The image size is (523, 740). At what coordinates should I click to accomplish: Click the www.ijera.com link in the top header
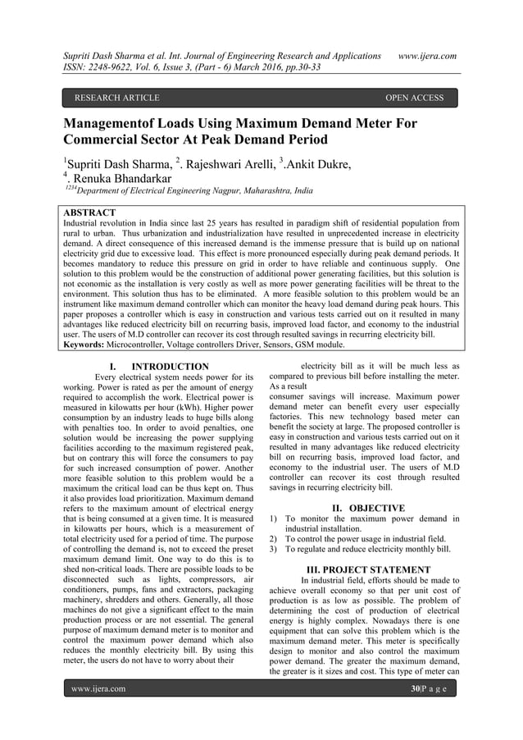click(426, 55)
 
